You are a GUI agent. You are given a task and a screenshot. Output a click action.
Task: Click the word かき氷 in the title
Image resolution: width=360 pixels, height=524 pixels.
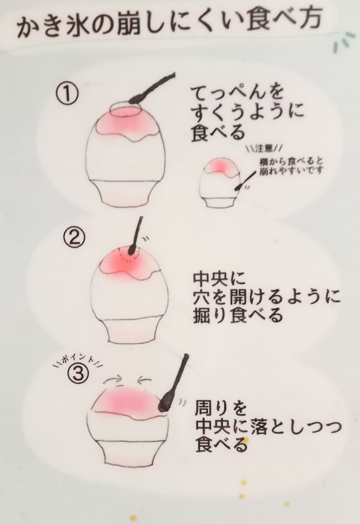pyautogui.click(x=49, y=26)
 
